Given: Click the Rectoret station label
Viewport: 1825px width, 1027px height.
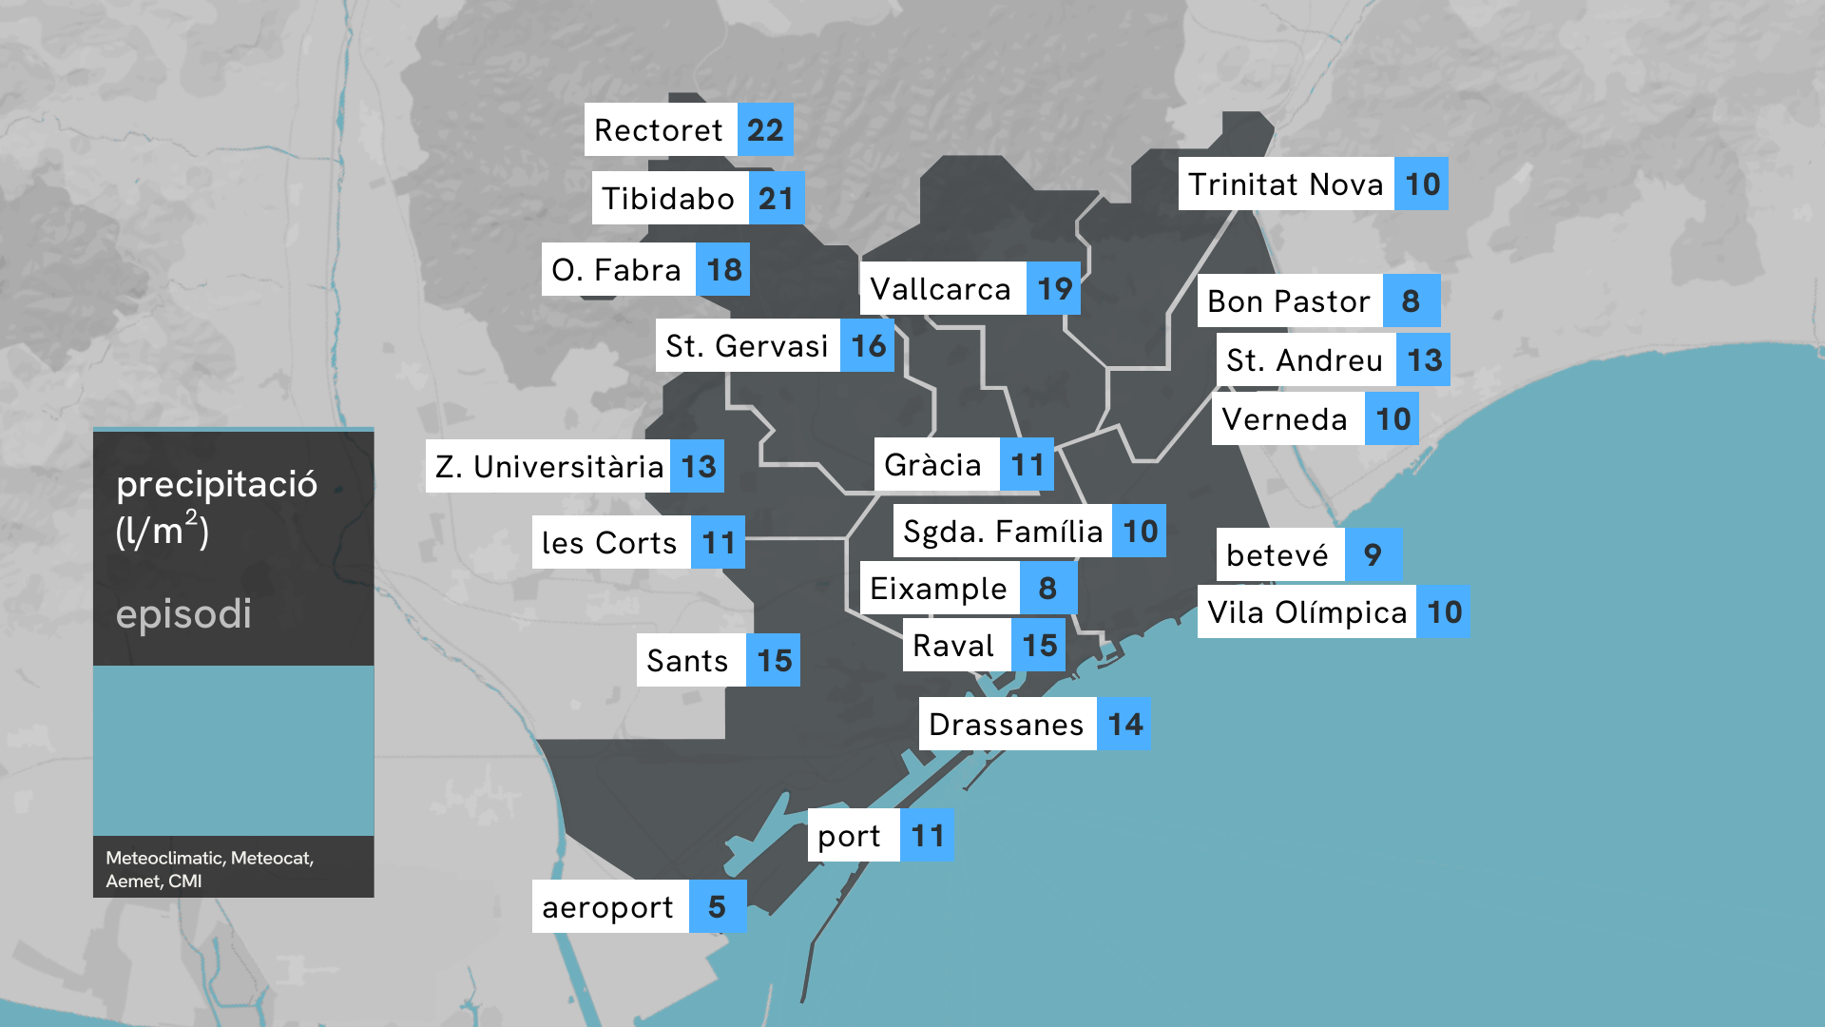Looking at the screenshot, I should click(660, 130).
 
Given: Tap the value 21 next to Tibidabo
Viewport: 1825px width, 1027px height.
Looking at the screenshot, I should click(776, 199).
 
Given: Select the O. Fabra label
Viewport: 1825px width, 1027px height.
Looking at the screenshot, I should click(618, 270).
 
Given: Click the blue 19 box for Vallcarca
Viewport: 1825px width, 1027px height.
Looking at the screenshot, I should click(1053, 289).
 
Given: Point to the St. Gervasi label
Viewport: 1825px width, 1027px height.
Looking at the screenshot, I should click(747, 346).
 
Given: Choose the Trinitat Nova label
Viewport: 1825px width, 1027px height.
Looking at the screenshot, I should click(1286, 184).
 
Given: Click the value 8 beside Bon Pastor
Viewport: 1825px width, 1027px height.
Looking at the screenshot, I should click(1411, 301).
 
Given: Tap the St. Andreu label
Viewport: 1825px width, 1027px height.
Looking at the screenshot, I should click(1305, 360).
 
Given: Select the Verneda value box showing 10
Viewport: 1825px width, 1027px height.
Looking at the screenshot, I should click(1392, 419).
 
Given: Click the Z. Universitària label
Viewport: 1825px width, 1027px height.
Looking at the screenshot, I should click(549, 467).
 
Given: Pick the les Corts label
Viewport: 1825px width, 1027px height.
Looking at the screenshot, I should click(610, 543).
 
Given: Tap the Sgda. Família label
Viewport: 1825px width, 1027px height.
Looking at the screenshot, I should click(1003, 532).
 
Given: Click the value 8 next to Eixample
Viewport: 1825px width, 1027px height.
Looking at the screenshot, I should click(1047, 589).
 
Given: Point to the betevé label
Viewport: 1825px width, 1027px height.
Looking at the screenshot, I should click(1278, 555).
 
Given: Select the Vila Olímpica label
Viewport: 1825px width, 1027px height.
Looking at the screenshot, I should click(1307, 612).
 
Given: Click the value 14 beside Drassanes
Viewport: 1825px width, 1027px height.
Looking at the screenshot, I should click(1124, 725).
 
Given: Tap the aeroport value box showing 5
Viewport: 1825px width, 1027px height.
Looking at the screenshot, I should click(717, 907).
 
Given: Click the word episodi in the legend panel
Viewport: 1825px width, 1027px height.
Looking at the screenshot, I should click(183, 614).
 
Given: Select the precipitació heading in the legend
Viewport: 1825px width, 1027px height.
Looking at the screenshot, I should click(217, 485).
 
